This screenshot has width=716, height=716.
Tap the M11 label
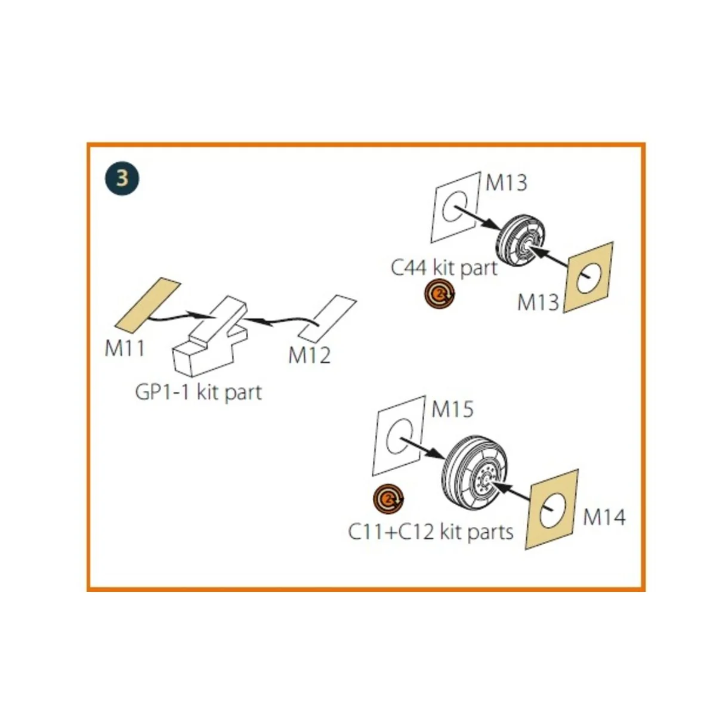[125, 347]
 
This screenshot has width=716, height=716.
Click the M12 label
[309, 355]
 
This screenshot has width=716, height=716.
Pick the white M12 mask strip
[327, 316]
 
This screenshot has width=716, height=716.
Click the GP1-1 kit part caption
[199, 392]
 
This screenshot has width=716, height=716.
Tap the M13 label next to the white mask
[506, 182]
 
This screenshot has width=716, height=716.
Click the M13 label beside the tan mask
[538, 302]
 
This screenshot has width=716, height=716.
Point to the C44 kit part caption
[444, 267]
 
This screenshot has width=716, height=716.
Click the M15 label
[452, 409]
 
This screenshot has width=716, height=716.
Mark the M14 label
[604, 517]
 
